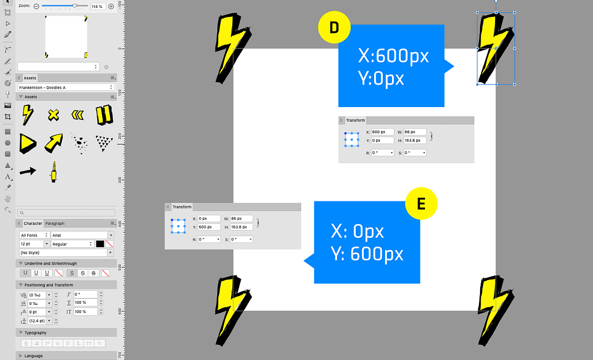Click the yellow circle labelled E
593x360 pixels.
click(x=421, y=203)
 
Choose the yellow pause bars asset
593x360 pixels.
click(x=104, y=115)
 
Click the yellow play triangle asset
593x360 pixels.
click(x=27, y=142)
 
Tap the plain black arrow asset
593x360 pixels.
click(x=27, y=171)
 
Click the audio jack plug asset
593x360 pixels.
click(x=53, y=172)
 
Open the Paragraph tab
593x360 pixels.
click(x=55, y=223)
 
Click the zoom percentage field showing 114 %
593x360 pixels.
click(x=98, y=6)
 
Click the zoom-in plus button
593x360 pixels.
click(x=111, y=6)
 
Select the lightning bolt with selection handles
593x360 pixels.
click(x=496, y=49)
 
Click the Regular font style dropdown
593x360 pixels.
click(x=72, y=244)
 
